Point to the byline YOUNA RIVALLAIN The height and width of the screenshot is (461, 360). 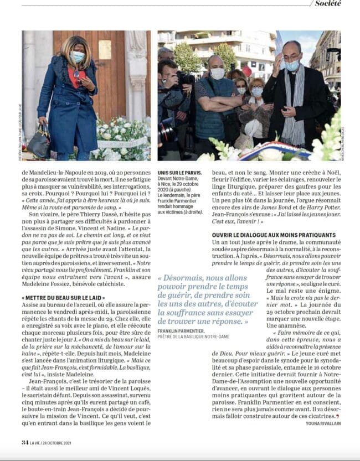coord(323,423)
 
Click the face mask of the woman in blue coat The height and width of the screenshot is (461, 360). coord(78,56)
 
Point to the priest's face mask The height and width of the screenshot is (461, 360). coord(292,65)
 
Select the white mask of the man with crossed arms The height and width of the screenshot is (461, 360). coord(218,74)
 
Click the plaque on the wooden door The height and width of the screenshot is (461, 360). coord(105,49)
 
